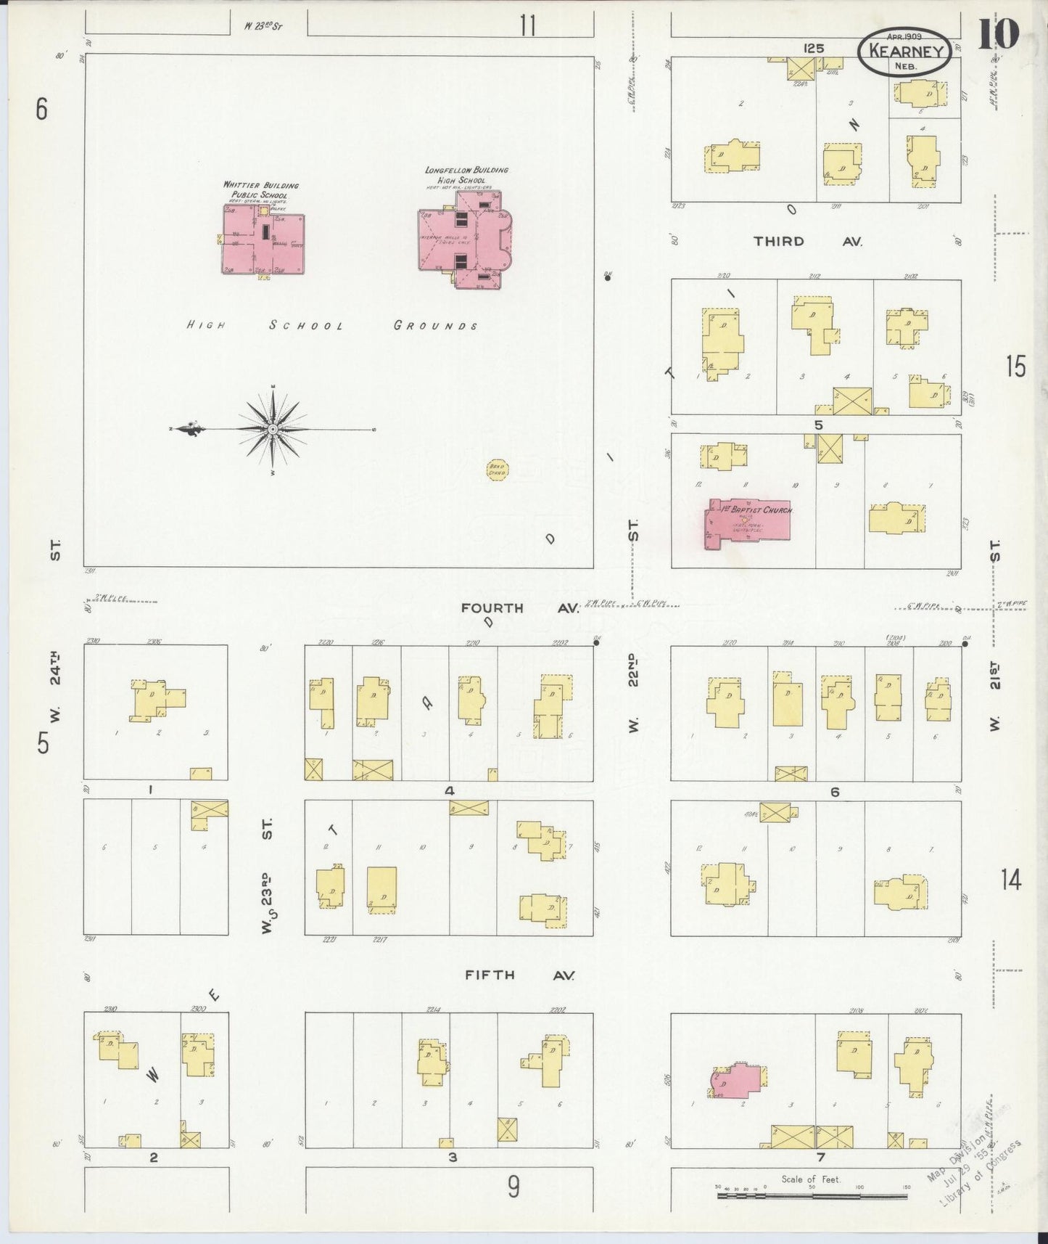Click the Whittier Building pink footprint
click(263, 240)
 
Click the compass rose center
click(273, 430)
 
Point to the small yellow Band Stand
click(497, 470)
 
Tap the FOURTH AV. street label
click(520, 608)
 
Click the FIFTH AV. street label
click(519, 975)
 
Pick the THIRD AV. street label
click(807, 241)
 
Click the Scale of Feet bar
click(812, 1194)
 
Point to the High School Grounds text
click(332, 326)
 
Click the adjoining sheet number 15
click(1015, 368)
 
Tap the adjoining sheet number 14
click(1011, 880)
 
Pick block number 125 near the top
click(813, 48)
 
